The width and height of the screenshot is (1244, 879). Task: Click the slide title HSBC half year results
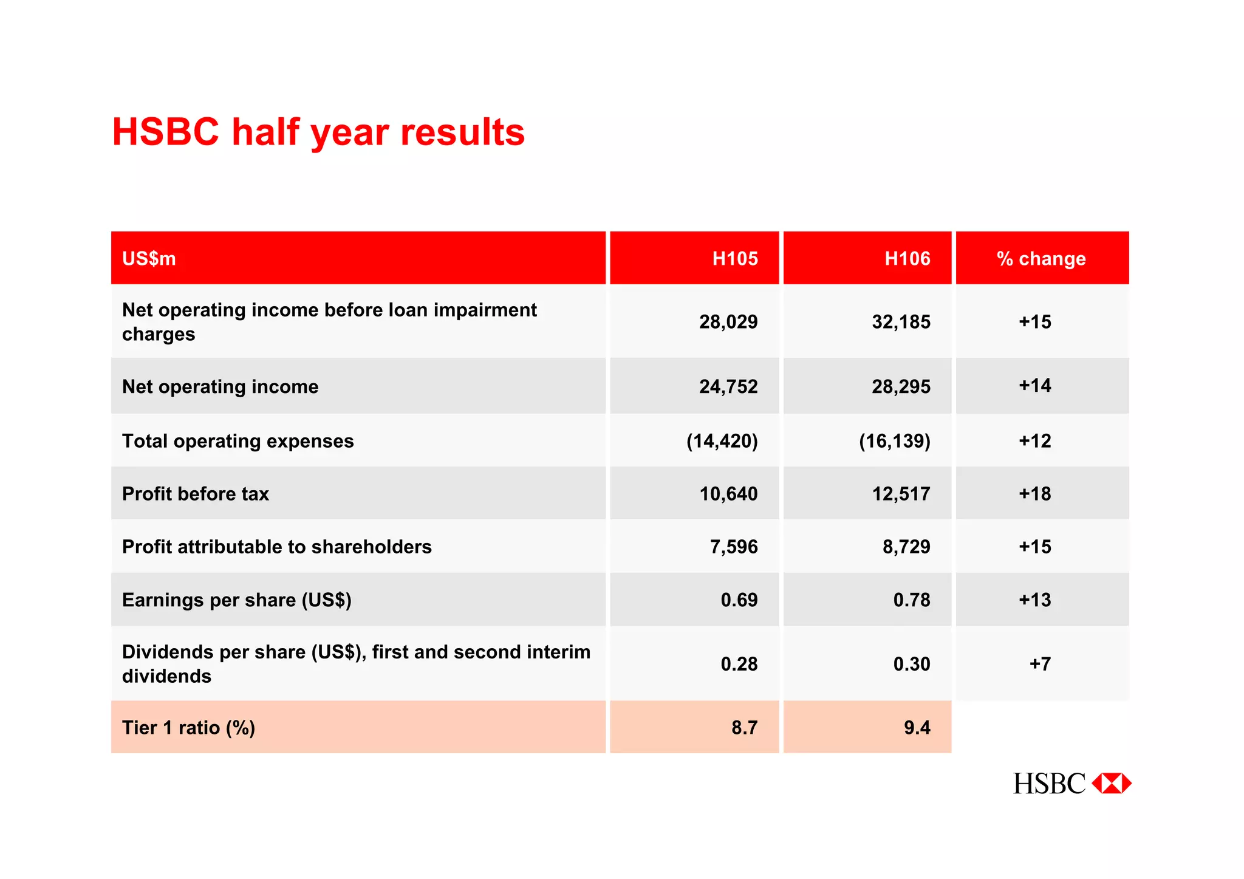(x=318, y=132)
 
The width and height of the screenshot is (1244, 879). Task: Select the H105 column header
(x=735, y=259)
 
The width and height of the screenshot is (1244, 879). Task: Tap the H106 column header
(x=907, y=259)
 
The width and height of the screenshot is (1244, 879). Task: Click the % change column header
(x=1041, y=259)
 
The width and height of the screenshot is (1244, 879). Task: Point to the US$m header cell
(x=149, y=259)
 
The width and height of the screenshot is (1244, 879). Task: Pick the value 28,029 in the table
(x=728, y=322)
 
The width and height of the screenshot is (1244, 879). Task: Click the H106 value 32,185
(x=901, y=322)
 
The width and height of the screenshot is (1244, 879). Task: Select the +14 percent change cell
(x=1035, y=386)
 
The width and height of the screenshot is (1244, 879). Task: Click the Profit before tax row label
(x=196, y=494)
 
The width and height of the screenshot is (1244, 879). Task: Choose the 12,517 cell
(x=901, y=494)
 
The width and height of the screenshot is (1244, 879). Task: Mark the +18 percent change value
(x=1035, y=494)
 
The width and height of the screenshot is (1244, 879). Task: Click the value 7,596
(x=734, y=547)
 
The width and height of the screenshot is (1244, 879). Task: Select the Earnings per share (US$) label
(x=237, y=600)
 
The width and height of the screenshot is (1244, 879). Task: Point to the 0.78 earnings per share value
(x=912, y=600)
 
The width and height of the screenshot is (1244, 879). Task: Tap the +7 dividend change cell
(x=1040, y=664)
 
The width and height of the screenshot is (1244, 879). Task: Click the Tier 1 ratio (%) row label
(x=188, y=728)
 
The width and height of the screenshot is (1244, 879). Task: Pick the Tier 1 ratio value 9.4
(x=917, y=728)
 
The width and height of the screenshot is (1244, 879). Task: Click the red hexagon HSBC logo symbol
(x=1112, y=784)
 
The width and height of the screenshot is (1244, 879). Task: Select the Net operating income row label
(x=220, y=387)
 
